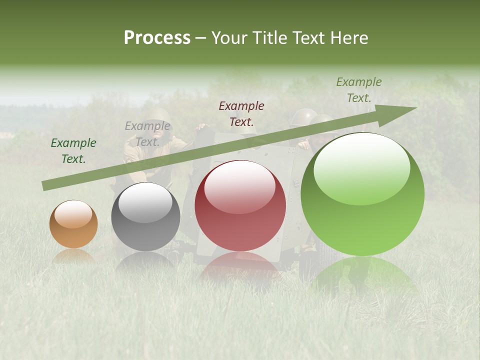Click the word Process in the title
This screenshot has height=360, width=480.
click(x=157, y=38)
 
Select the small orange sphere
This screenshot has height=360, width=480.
click(x=73, y=224)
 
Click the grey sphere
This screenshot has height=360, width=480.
click(x=145, y=216)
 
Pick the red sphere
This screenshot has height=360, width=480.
click(x=240, y=205)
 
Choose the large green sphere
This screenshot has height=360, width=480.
click(x=362, y=194)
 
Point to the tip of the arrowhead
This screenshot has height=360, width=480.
click(x=416, y=107)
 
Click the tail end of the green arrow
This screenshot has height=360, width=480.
click(x=43, y=186)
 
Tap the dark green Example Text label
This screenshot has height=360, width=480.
click(x=73, y=151)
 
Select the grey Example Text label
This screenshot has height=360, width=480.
click(x=147, y=134)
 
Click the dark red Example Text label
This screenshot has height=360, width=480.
click(x=241, y=113)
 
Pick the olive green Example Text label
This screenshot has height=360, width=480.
click(x=358, y=90)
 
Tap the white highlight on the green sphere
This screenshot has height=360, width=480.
click(x=361, y=167)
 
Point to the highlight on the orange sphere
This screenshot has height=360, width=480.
click(x=73, y=213)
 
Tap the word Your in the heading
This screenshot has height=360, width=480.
click(x=229, y=38)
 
